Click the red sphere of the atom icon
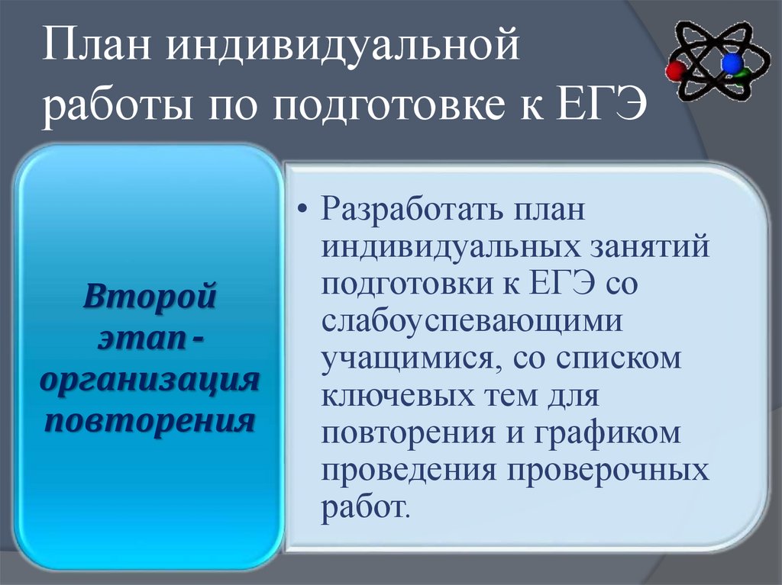click(675, 71)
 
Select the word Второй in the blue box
click(149, 294)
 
